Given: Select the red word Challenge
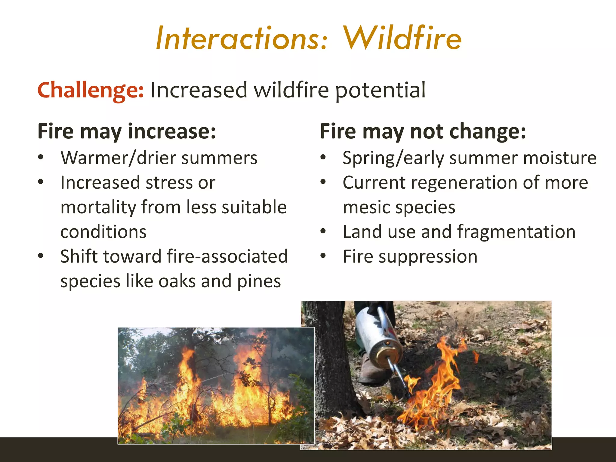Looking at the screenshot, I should pyautogui.click(x=90, y=90).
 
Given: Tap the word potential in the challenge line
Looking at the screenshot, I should pyautogui.click(x=380, y=91).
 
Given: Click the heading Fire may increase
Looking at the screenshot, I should pyautogui.click(x=126, y=131).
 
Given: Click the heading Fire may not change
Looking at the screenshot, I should pyautogui.click(x=423, y=131).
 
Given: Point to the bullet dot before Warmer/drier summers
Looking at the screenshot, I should pyautogui.click(x=41, y=157).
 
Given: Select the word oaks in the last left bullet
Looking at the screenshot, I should pyautogui.click(x=177, y=281).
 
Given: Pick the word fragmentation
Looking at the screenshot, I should pyautogui.click(x=516, y=232).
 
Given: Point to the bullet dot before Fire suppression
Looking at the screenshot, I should pyautogui.click(x=323, y=256).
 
